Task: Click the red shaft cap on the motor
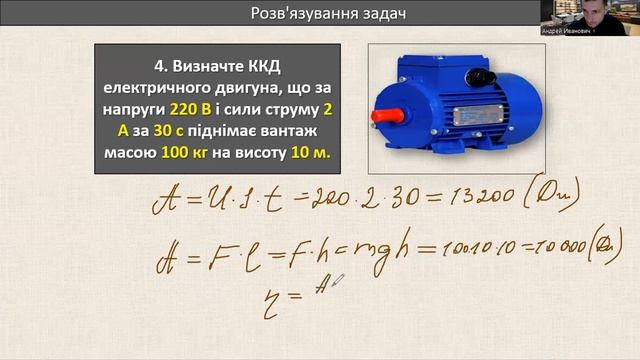(x=381, y=115)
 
